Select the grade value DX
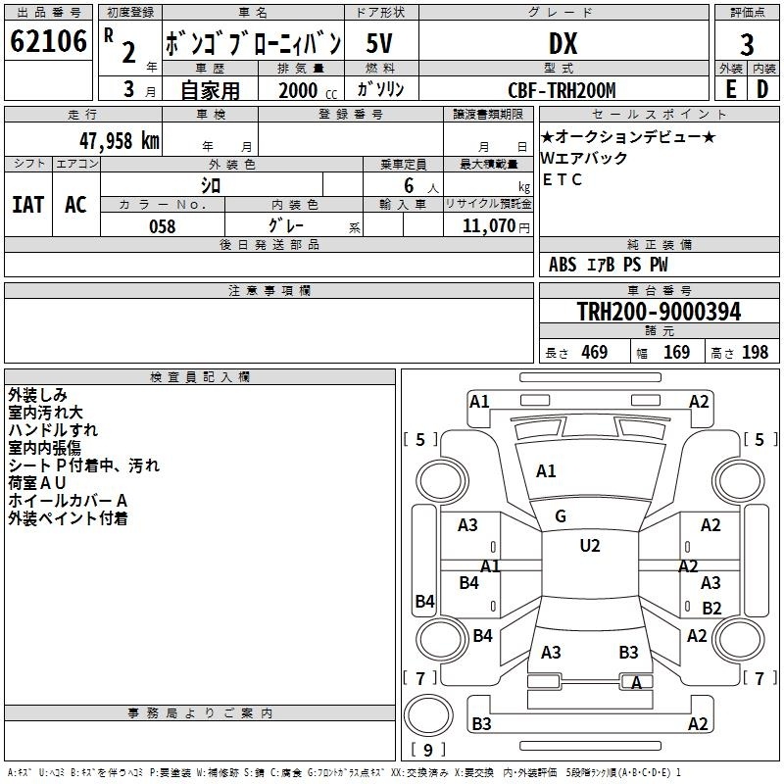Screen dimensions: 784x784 563,43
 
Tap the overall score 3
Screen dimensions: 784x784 747,44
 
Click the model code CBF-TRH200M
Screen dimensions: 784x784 563,90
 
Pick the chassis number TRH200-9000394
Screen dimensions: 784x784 659,312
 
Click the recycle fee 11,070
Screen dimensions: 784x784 488,226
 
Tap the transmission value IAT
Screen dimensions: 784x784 27,205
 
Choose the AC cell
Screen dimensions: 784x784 75,205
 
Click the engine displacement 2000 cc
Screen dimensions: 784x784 301,90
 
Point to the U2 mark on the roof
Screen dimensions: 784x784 590,546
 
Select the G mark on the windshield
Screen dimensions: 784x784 561,516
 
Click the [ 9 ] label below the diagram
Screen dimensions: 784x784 426,750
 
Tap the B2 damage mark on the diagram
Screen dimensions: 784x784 711,608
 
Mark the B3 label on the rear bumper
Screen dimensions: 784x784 481,724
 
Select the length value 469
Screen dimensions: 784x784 594,353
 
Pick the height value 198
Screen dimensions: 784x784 755,353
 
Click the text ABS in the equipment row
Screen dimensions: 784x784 563,265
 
